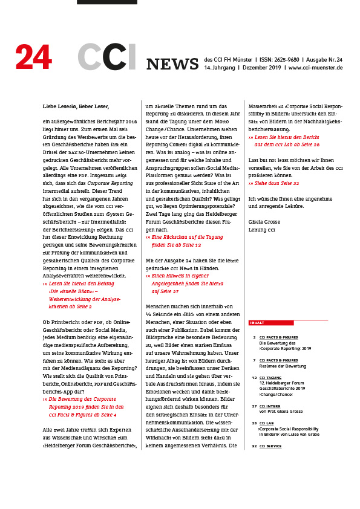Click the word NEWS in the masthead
tap(172, 64)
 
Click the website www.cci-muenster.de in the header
tap(316, 68)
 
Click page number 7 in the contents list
tap(254, 360)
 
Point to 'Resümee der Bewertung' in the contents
tap(283, 366)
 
